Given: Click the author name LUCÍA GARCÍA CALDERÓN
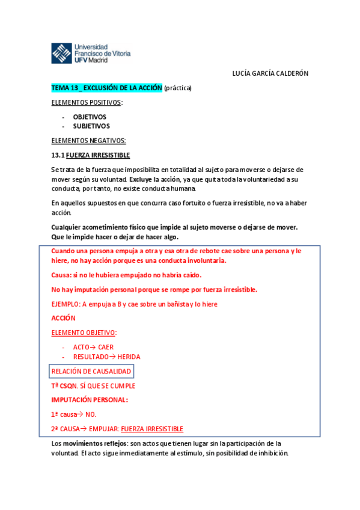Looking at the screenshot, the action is pos(270,73).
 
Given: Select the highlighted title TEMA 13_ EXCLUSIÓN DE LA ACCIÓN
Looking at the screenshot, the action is pos(106,88).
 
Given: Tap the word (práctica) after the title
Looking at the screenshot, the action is pos(177,88).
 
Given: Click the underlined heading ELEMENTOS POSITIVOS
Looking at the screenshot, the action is pos(86,103).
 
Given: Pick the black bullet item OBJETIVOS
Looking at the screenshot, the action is pos(90,117).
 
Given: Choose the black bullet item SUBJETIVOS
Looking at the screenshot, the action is pos(91,126).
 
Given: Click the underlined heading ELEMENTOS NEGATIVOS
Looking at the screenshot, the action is pos(88,141).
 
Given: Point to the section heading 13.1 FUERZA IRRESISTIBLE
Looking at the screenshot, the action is pos(90,155).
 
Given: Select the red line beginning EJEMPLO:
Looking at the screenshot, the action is pos(134,304).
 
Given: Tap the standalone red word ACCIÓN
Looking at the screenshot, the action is pos(64,318).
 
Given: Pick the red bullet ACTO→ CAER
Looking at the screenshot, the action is pos(93,347).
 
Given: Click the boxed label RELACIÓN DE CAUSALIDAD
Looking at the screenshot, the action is pos(91,371).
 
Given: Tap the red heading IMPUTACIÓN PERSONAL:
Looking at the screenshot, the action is pos(90,400).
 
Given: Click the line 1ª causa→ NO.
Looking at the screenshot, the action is pos(74,414).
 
